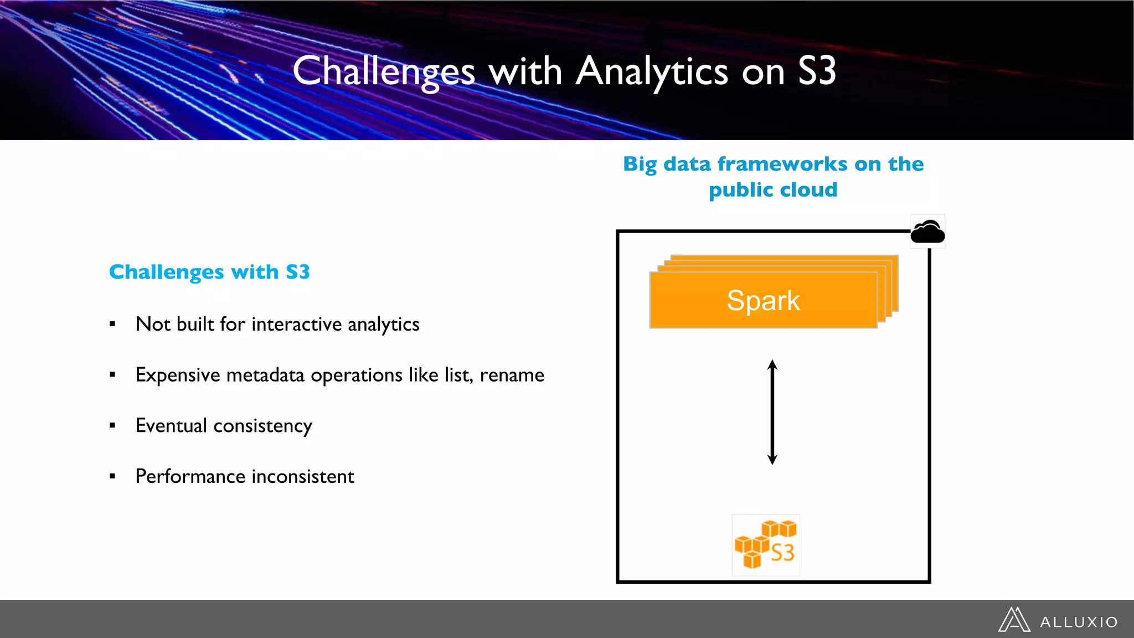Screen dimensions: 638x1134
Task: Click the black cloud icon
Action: click(x=927, y=231)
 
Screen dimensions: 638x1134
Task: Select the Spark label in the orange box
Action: click(x=763, y=301)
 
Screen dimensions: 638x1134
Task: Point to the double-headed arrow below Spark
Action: click(x=772, y=412)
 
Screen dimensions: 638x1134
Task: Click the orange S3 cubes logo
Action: click(x=765, y=545)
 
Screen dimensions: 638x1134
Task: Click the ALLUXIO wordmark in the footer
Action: click(x=1079, y=622)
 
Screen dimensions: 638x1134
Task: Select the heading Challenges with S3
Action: click(x=209, y=272)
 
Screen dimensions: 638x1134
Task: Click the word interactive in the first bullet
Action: click(x=296, y=324)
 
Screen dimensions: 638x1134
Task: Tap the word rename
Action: click(x=512, y=375)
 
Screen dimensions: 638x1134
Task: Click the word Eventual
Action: click(x=171, y=425)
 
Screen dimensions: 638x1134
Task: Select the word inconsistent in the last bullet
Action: click(x=303, y=476)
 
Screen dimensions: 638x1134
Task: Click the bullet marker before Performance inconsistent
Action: click(x=112, y=476)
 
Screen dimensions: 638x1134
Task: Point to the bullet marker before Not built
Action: click(x=112, y=324)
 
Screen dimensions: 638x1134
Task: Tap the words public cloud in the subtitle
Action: click(x=773, y=190)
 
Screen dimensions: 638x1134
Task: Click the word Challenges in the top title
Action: click(x=384, y=72)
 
